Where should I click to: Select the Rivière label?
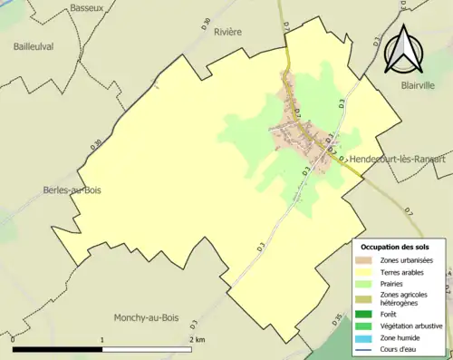click(x=227, y=31)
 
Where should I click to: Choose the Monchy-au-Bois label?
click(x=147, y=317)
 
